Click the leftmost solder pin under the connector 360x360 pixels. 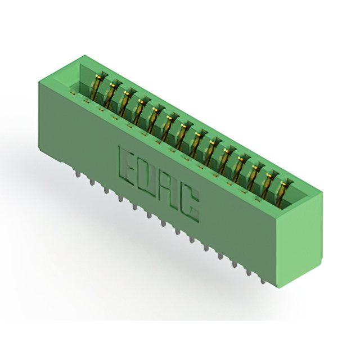(x=78, y=173)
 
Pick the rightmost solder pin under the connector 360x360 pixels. (x=263, y=280)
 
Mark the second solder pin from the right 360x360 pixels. (x=249, y=271)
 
